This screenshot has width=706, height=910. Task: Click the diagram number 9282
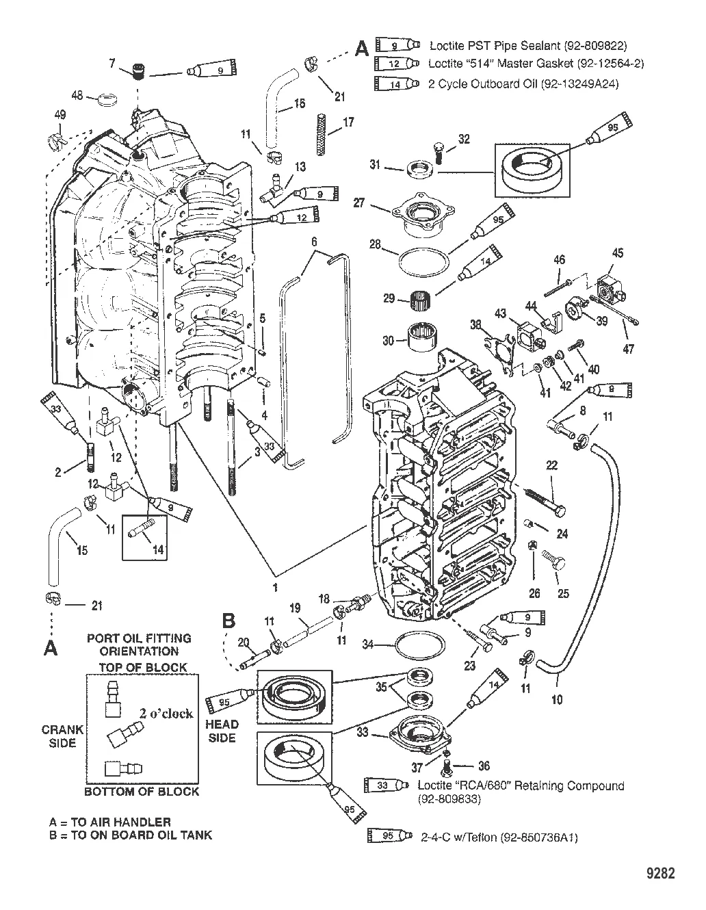660,874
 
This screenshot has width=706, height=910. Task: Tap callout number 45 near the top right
618,253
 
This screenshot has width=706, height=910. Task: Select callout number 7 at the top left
112,64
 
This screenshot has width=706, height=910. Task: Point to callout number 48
77,95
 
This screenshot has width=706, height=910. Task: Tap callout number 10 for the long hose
558,699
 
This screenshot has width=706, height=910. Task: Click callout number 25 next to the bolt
564,594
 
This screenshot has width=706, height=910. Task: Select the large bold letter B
229,621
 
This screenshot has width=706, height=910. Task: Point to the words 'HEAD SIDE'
222,731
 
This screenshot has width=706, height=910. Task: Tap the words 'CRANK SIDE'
62,736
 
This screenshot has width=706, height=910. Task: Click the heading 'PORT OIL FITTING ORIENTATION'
139,645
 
